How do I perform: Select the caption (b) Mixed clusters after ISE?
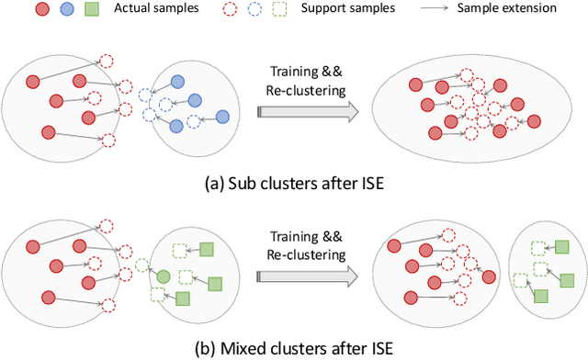(x=292, y=348)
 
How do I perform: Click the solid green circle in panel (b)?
(x=163, y=276)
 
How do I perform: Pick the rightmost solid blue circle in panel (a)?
(x=221, y=117)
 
